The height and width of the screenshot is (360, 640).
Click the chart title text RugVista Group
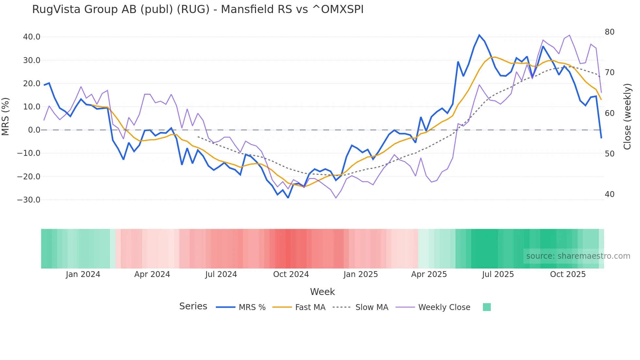coord(198,9)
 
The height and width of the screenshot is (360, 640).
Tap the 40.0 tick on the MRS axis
coord(32,37)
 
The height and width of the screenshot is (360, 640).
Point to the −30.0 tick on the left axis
coord(29,200)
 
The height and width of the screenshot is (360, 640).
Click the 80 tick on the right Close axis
coord(609,32)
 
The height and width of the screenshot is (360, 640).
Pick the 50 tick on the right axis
coord(609,154)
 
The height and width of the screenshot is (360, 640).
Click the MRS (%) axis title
coord(6,116)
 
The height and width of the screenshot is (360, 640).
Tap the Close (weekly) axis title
coord(627,117)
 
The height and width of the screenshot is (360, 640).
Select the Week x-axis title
coord(322,292)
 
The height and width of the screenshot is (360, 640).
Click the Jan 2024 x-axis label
coord(83,274)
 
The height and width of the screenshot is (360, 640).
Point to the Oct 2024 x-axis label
coord(291,274)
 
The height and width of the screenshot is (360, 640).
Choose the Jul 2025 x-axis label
coord(498,274)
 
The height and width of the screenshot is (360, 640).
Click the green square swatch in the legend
coord(487,307)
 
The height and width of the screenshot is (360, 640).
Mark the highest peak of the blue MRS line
coord(479,35)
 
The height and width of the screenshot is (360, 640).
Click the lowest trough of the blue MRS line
coord(288,198)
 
